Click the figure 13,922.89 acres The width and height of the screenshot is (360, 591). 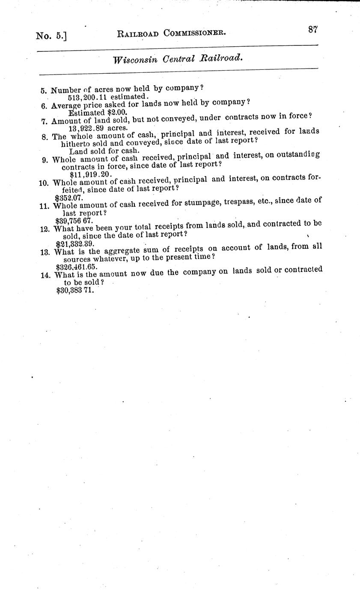coord(98,127)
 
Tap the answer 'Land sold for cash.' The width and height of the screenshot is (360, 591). coord(104,150)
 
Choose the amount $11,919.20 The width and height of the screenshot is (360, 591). coord(90,174)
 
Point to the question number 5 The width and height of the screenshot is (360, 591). coord(43,91)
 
